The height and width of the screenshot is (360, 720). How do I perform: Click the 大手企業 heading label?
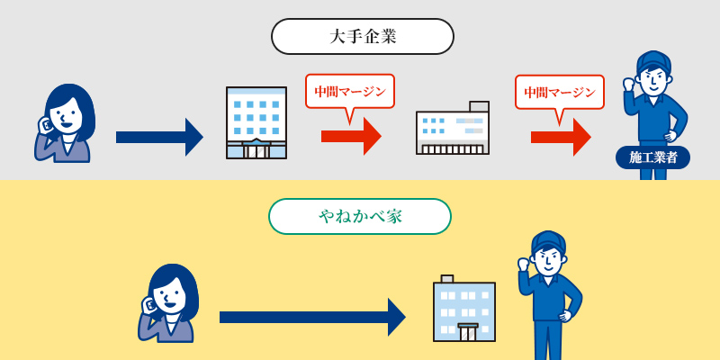(x=362, y=37)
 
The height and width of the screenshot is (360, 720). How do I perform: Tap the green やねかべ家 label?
(x=359, y=216)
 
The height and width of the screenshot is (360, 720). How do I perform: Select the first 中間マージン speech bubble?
(x=349, y=92)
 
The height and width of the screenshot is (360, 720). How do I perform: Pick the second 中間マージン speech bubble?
(x=559, y=93)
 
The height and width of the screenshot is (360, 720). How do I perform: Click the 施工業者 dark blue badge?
(x=652, y=157)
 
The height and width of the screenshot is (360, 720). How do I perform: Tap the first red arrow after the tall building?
(x=351, y=136)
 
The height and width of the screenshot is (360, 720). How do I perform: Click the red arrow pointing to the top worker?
(x=560, y=137)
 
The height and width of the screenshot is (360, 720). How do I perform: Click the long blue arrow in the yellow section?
(x=311, y=317)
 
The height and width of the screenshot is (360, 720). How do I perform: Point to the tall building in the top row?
(x=256, y=122)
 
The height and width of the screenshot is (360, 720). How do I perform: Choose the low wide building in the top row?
(x=453, y=129)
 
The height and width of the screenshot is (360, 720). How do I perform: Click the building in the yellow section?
(x=464, y=309)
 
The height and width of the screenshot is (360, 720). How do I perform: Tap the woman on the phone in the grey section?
(x=66, y=123)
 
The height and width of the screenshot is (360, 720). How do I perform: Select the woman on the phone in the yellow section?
(x=169, y=303)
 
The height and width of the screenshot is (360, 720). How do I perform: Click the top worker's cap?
(x=653, y=61)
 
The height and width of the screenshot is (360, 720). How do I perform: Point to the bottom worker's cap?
(x=548, y=240)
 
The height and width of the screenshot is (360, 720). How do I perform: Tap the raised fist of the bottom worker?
(x=524, y=265)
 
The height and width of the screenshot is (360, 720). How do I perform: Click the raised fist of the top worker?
(x=629, y=85)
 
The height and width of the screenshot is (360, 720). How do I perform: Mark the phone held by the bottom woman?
(x=150, y=305)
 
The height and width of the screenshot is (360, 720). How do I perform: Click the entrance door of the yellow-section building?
(x=468, y=332)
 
